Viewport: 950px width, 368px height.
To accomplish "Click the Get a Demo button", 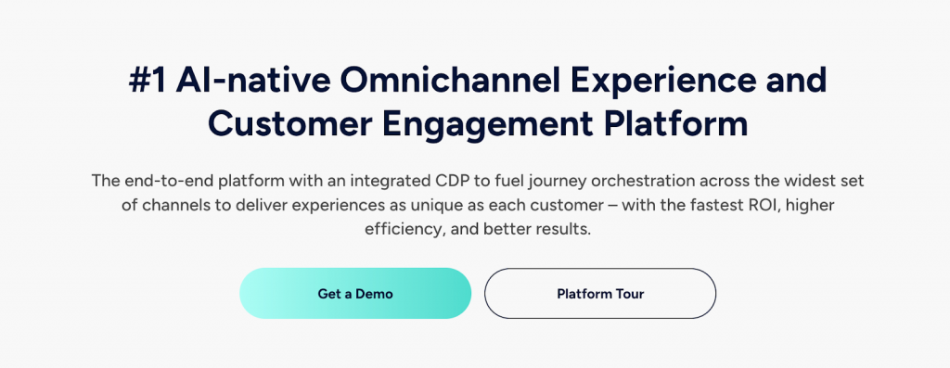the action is [355, 294].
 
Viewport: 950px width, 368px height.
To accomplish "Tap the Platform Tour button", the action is [600, 294].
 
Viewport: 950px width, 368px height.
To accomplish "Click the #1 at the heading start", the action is [148, 81].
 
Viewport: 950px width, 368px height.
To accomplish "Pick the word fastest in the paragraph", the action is [707, 205].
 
